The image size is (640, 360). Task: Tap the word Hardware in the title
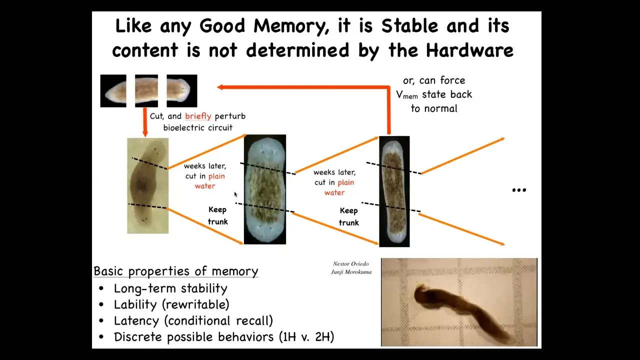(x=469, y=50)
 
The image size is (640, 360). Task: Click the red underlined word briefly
(x=198, y=116)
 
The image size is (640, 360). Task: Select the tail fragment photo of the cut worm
(x=113, y=91)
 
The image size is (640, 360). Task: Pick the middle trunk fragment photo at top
(x=146, y=91)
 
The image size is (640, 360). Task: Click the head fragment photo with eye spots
(x=181, y=91)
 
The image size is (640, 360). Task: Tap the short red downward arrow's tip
(x=145, y=136)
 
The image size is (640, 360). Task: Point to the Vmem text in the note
(x=407, y=95)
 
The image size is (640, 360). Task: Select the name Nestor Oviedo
(x=351, y=263)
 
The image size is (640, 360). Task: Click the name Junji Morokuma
(x=351, y=271)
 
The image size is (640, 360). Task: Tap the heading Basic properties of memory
(x=175, y=271)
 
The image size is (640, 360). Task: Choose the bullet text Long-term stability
(x=170, y=288)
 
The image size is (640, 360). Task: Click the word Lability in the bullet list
(x=135, y=304)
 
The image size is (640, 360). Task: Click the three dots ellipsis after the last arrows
(x=519, y=190)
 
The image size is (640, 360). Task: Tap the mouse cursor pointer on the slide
(x=235, y=194)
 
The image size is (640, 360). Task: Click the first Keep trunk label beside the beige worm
(x=217, y=215)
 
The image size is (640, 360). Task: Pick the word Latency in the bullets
(x=136, y=321)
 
